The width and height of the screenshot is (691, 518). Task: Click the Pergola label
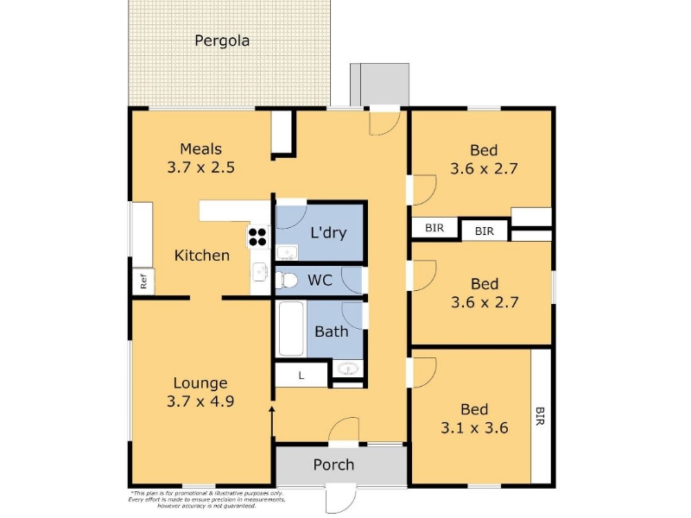click(222, 41)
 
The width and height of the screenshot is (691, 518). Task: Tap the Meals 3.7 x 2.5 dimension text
click(201, 167)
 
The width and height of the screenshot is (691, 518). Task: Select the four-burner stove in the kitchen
click(257, 237)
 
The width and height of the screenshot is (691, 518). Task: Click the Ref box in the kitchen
click(143, 281)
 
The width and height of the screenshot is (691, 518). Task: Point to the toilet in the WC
click(286, 280)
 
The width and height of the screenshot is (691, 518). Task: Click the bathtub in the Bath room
click(291, 329)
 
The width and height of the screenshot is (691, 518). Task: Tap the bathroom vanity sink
click(348, 369)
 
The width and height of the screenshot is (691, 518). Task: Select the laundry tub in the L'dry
click(287, 253)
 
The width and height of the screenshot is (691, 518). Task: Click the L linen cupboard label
click(301, 376)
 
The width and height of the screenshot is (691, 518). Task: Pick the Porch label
click(333, 464)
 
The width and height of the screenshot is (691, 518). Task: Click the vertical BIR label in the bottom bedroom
click(541, 416)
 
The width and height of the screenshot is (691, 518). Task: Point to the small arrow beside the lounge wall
click(272, 421)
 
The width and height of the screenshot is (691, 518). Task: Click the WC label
click(320, 280)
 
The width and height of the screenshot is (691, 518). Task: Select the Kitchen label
click(202, 256)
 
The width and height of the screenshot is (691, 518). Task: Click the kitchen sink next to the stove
click(260, 272)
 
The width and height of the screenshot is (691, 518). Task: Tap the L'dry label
click(328, 232)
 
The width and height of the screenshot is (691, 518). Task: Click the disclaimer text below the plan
click(206, 500)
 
